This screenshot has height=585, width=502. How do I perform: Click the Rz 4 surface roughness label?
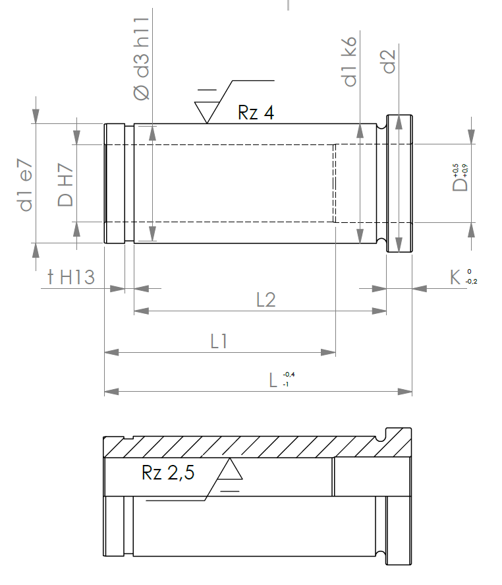click(256, 112)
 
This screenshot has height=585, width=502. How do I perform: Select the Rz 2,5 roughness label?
click(168, 472)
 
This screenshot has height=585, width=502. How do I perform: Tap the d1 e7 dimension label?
click(26, 185)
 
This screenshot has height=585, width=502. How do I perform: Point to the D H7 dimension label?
click(65, 185)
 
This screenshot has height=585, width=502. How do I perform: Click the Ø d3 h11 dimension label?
click(142, 59)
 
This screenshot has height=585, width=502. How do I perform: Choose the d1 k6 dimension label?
click(350, 61)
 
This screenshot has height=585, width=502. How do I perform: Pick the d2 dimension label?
click(389, 61)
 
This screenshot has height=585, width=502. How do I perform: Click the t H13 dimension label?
click(71, 277)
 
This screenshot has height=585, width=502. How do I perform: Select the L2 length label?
click(266, 299)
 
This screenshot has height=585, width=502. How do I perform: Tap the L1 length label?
click(219, 341)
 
